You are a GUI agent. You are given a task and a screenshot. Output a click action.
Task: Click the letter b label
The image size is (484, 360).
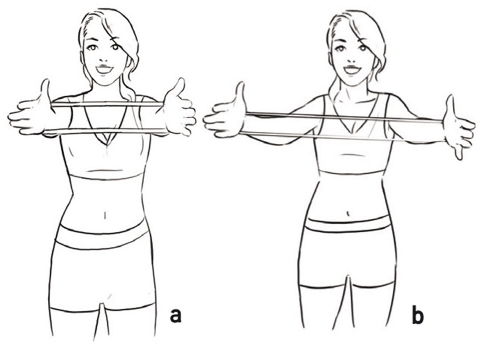[x=417, y=316]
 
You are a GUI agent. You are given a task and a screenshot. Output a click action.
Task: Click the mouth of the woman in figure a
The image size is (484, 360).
[x=104, y=69]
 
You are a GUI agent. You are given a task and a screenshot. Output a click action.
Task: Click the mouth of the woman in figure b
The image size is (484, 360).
[x=352, y=69]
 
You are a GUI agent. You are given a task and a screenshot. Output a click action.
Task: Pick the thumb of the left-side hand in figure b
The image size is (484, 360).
[x=241, y=92]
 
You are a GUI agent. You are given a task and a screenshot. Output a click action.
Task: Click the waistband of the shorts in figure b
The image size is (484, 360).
[x=349, y=225]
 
